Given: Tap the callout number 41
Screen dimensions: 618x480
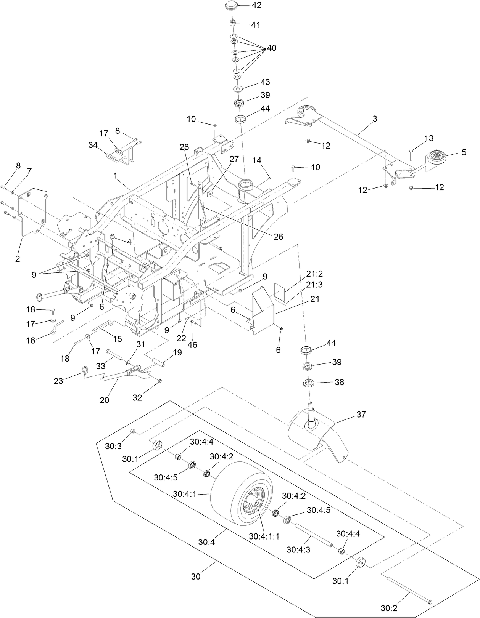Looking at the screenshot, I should click(256, 25).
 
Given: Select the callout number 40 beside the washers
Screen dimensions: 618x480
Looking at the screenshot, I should click(271, 48).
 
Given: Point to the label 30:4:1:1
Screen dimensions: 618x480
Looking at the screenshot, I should click(264, 536).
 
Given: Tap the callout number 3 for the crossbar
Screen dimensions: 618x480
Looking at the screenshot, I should click(375, 119).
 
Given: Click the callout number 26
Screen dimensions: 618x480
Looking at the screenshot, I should click(278, 237).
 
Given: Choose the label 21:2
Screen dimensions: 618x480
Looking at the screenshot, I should click(314, 274).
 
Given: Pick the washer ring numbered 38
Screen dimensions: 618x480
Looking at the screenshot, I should click(309, 383).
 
